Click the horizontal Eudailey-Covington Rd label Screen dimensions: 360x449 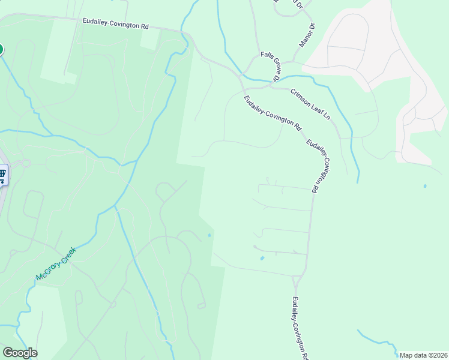(x=115, y=23)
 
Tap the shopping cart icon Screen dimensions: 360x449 (x=2, y=175)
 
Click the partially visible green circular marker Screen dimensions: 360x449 (x=1, y=49)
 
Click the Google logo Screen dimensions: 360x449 (x=20, y=353)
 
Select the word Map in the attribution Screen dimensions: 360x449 (x=406, y=355)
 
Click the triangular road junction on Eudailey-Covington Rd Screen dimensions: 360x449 (x=297, y=281)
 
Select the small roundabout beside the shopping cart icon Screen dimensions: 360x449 (x=25, y=163)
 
